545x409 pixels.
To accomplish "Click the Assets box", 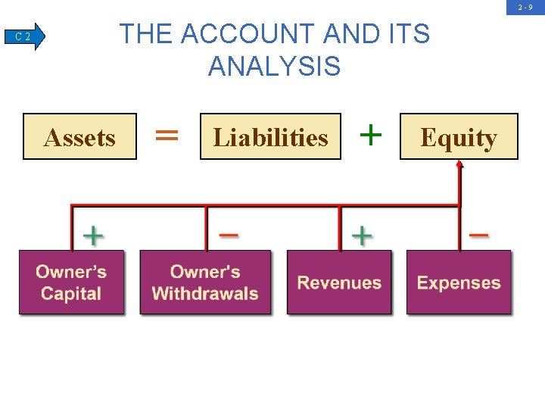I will point(79,136).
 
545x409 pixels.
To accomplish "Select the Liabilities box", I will point(270,136).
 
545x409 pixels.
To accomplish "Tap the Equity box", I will point(459,136).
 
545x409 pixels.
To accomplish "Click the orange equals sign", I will point(167,136).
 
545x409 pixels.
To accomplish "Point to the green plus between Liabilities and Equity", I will point(370,135).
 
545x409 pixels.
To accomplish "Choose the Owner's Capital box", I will point(71,283).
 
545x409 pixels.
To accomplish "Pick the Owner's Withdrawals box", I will point(205,283).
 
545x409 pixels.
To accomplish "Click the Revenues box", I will point(339,283).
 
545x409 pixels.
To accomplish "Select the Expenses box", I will point(459,283).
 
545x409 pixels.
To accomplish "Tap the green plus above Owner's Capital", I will point(92,236).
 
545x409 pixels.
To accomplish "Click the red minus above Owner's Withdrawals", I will point(229,235).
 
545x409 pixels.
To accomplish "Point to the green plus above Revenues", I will point(363,236).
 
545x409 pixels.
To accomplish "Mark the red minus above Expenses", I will point(478,235).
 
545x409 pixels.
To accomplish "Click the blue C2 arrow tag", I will point(26,36).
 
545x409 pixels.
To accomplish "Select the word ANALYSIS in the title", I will point(274,67).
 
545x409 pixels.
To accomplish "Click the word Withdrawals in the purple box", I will point(205,294).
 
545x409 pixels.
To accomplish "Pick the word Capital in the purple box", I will point(71,294).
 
